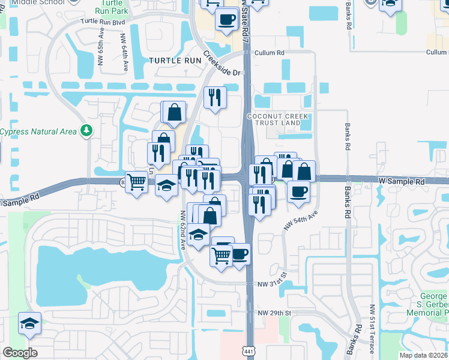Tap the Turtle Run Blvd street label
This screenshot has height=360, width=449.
106,22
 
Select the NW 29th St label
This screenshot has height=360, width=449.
274,313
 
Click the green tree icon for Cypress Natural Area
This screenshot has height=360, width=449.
87,130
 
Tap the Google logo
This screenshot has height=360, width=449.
20,353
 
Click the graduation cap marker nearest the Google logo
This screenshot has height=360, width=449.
29,323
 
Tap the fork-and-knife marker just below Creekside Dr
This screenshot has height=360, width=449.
215,98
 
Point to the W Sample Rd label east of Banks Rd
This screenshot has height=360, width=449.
401,181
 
